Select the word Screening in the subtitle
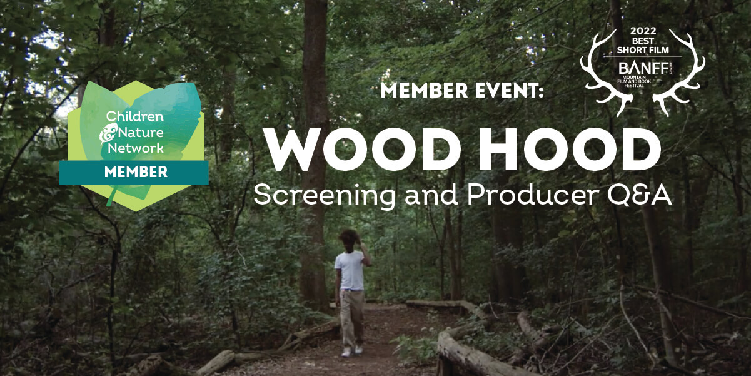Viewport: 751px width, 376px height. click(324, 195)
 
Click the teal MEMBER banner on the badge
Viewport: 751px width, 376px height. click(134, 172)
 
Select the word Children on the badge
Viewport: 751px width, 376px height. click(134, 116)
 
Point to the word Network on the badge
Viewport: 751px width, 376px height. click(134, 148)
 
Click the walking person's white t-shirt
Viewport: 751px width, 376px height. click(350, 270)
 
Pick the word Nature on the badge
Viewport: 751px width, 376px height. click(139, 132)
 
